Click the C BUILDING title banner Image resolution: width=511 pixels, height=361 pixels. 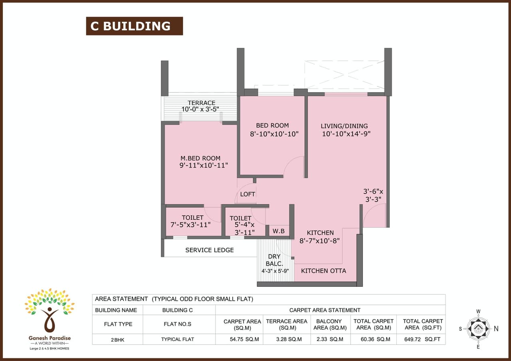[x=134, y=26]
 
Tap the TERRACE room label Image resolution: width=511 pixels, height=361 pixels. [x=202, y=103]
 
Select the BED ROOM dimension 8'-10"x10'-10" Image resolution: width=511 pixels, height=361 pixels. [x=274, y=134]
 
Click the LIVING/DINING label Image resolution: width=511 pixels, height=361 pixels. [x=344, y=126]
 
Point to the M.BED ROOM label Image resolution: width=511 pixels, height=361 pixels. [x=200, y=158]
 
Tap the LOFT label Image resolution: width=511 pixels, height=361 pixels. [x=248, y=194]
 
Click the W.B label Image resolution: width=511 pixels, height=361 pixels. [x=278, y=231]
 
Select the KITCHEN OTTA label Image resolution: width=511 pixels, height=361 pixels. [x=323, y=271]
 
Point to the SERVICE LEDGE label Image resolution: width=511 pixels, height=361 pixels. [x=210, y=250]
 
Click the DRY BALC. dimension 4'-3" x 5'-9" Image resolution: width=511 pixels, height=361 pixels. [x=275, y=271]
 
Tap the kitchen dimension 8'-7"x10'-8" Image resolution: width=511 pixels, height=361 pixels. [x=320, y=241]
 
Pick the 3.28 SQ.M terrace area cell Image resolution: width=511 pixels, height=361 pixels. [x=286, y=339]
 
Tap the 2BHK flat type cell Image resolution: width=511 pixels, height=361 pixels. [x=117, y=339]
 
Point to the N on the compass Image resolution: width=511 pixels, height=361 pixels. [x=496, y=329]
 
